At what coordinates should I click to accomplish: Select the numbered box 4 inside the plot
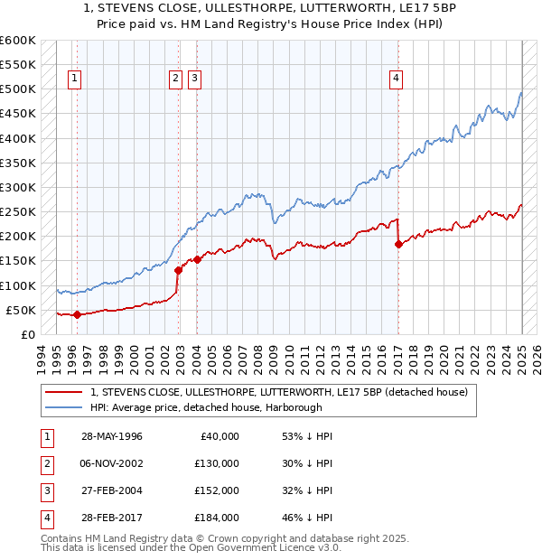click(396, 79)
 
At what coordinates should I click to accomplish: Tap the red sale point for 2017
click(398, 244)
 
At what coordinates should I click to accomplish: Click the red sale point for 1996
click(77, 315)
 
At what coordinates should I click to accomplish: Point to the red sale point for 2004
click(197, 260)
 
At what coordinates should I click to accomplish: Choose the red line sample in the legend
click(64, 392)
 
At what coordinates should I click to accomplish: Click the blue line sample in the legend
click(64, 406)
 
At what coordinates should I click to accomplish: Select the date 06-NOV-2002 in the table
click(112, 463)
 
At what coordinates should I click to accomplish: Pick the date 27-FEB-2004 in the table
click(112, 490)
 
